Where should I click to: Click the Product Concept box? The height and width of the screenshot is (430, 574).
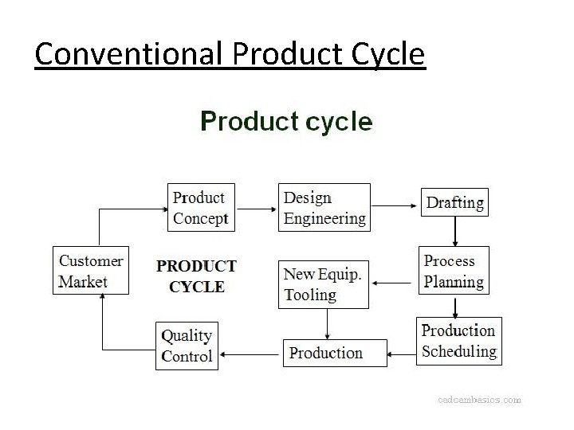201,208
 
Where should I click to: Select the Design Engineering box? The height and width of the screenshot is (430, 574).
324,208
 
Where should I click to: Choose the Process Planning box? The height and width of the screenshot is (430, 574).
454,272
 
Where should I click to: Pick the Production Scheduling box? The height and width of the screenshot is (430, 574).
458,341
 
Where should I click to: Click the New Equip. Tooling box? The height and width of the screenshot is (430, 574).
324,284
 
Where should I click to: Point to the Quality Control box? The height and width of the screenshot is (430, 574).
187,346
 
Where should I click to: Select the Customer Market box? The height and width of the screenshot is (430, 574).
91,272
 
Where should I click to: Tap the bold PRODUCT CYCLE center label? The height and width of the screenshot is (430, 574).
196,276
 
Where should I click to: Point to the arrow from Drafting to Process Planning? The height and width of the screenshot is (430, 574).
454,230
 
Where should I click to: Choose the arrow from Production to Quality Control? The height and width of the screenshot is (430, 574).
250,354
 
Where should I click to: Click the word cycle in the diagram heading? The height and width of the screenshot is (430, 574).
339,122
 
